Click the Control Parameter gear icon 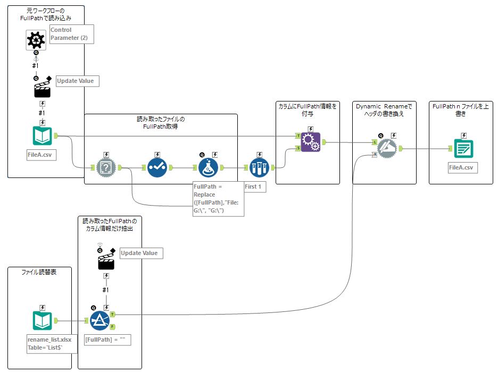(36, 40)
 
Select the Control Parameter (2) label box (71, 34)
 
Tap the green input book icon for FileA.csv (42, 137)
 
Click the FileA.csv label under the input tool (42, 155)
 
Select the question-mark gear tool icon (106, 168)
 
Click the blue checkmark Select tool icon (157, 168)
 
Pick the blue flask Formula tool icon (208, 168)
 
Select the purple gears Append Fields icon (310, 142)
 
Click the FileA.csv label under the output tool (463, 168)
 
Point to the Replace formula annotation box (218, 199)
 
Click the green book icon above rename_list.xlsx (42, 321)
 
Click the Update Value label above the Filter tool (140, 253)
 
